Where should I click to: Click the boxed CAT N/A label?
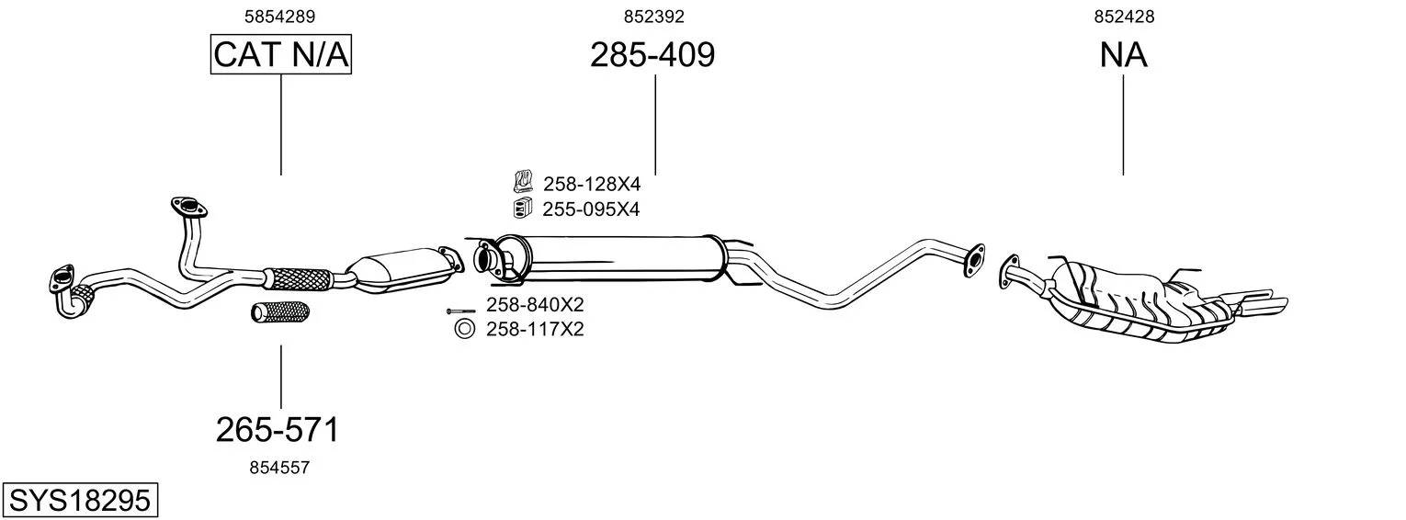coord(280,54)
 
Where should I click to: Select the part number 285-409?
coord(652,55)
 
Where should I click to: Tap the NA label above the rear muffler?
coord(1123,55)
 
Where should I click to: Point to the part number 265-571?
coord(278,430)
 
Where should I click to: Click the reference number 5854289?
coord(280,17)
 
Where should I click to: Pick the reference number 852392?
coord(653,17)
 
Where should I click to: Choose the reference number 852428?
coord(1124,17)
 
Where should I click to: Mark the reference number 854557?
coord(279,468)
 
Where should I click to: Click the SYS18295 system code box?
coord(80,501)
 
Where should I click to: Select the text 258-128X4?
coord(591,185)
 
